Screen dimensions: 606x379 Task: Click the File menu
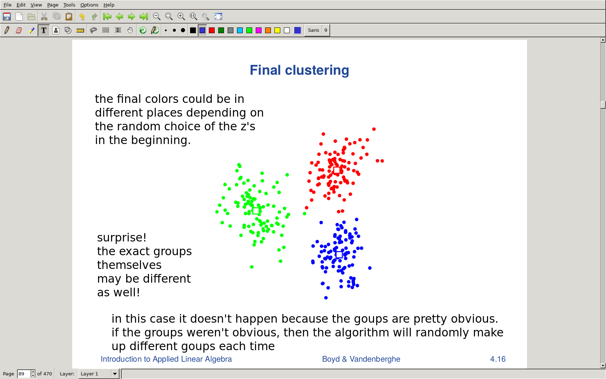pos(7,5)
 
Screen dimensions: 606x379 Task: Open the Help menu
pos(109,5)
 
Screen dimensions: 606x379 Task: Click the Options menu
pos(89,5)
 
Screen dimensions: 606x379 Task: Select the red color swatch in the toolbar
pos(211,30)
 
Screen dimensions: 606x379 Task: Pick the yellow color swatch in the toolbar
pos(277,30)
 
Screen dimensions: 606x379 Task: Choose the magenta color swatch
pos(259,30)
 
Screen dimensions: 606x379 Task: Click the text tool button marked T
pos(44,30)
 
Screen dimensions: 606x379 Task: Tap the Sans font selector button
pos(313,30)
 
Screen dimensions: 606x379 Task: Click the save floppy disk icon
pos(7,17)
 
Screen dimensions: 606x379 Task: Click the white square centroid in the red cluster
pos(337,170)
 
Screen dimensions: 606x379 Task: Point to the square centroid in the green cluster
pos(256,211)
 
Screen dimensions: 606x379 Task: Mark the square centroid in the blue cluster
pos(339,254)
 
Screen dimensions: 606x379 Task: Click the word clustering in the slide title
pos(317,70)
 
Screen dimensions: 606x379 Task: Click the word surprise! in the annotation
pos(122,238)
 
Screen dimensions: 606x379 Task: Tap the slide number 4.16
pos(498,359)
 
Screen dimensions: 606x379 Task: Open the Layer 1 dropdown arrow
pos(115,374)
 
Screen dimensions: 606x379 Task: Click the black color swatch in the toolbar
pos(193,30)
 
